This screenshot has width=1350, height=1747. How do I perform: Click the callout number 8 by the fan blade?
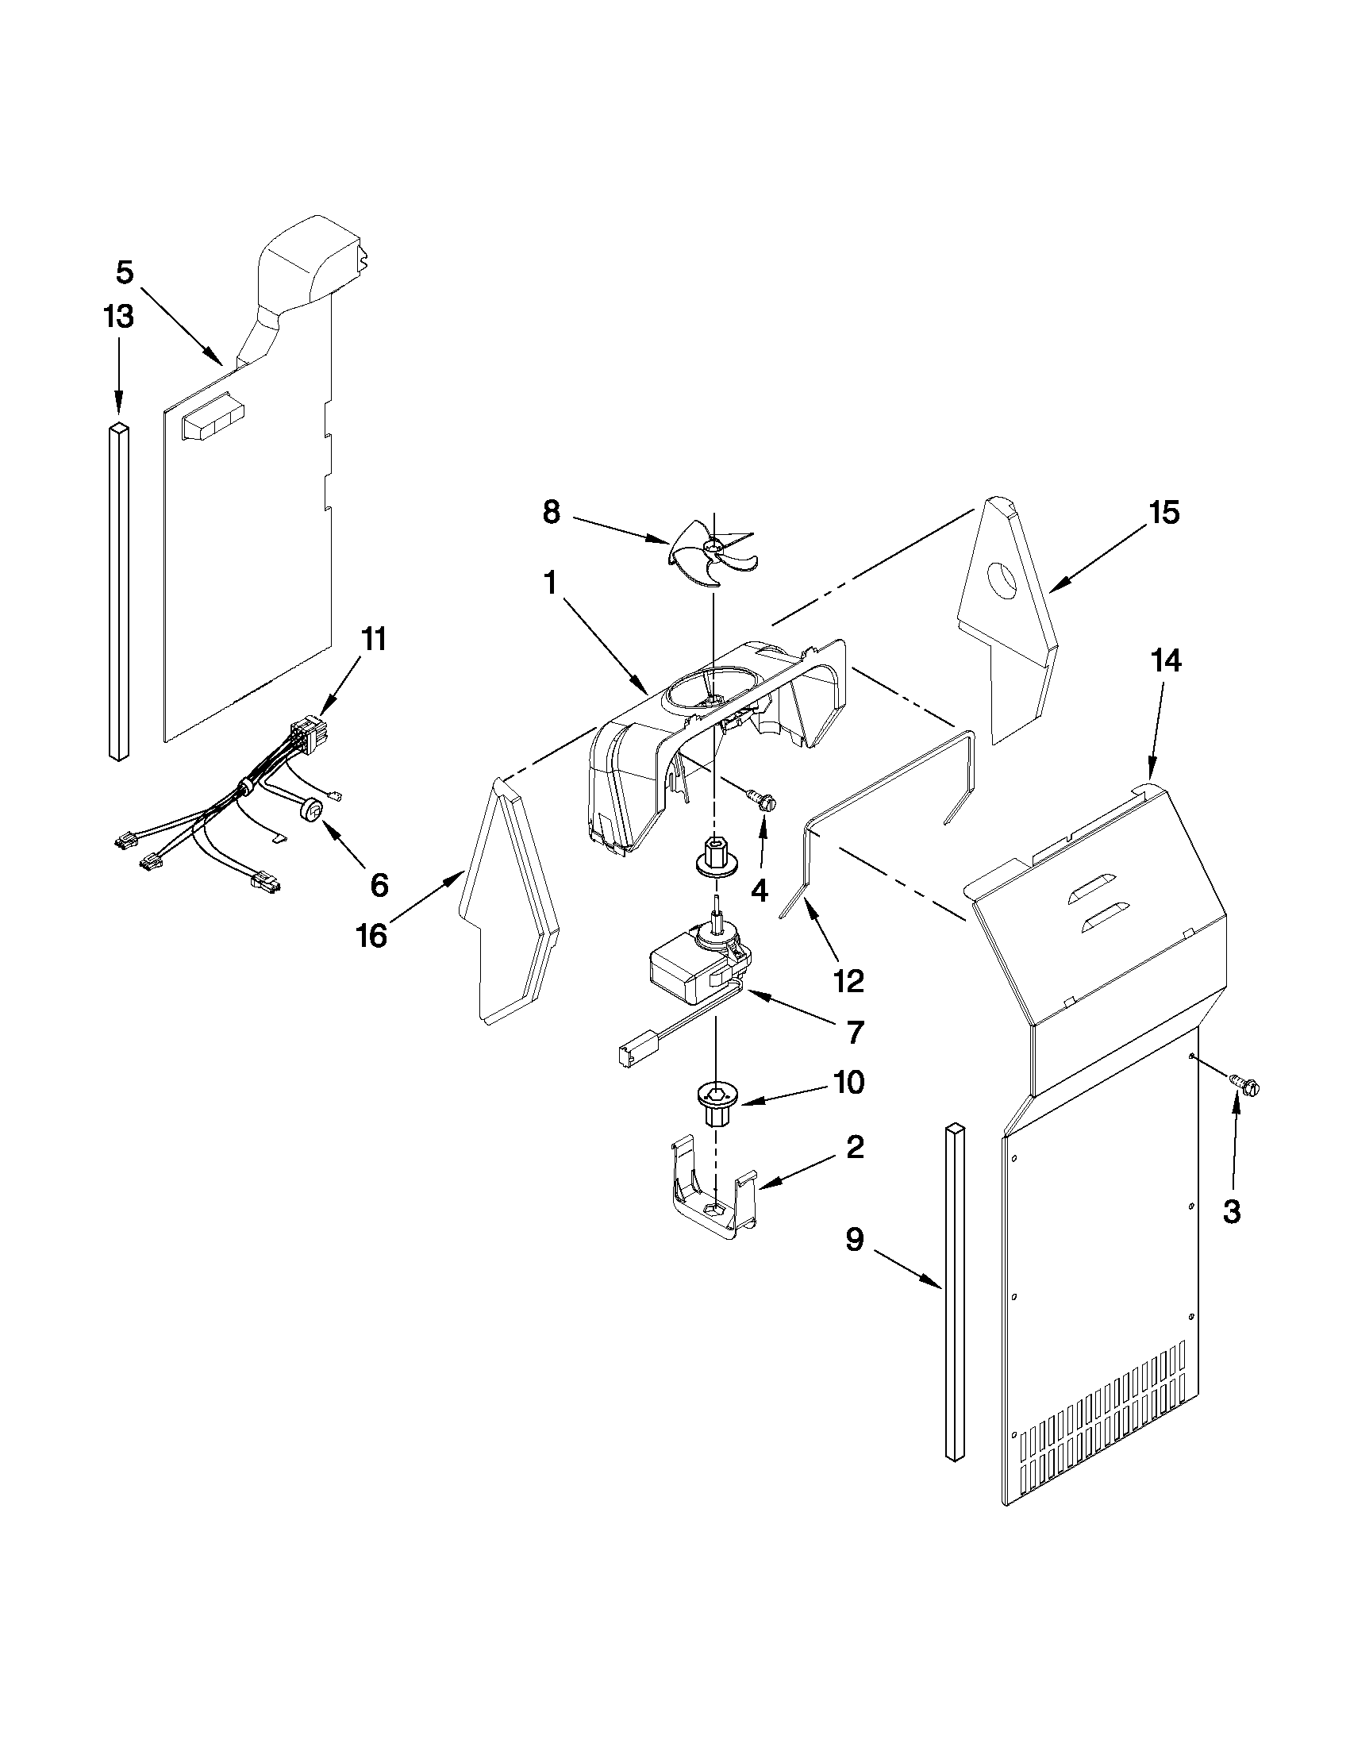click(551, 512)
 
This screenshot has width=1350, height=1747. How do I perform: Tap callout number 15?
click(1164, 513)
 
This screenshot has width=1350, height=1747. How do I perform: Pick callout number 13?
click(118, 317)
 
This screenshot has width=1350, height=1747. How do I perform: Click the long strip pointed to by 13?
click(118, 592)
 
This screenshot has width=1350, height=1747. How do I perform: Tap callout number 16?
click(373, 934)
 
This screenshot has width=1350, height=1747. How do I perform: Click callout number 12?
click(848, 981)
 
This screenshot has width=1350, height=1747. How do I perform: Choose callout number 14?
click(1165, 661)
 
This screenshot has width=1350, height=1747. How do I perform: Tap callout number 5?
click(125, 273)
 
